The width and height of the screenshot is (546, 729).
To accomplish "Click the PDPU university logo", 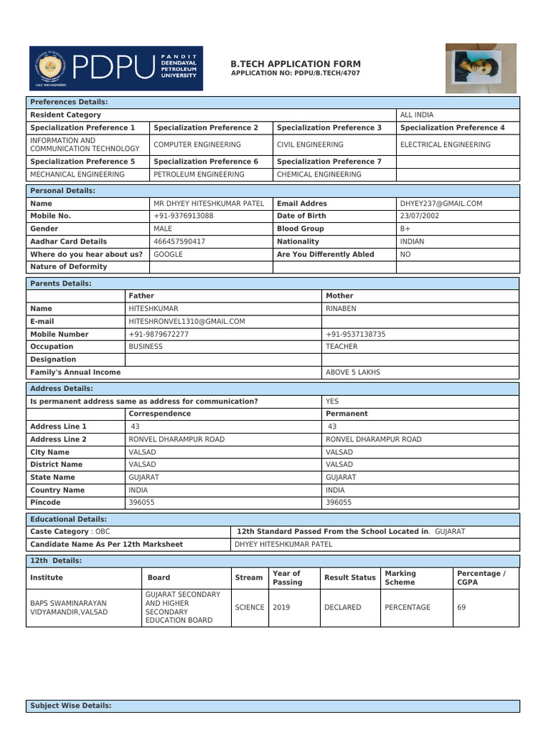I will pos(115,68).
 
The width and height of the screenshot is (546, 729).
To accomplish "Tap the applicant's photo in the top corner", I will pos(481,68).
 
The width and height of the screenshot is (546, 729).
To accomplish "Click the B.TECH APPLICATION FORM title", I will pos(296,64).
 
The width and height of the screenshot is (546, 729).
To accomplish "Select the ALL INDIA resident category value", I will pos(417,115).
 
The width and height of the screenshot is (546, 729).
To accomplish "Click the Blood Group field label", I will pos(300,229).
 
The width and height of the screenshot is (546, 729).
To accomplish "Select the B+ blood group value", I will pos(405,229).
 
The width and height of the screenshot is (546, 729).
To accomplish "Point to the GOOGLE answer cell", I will pos(168,254).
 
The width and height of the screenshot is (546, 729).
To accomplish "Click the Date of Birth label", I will pos(301,216).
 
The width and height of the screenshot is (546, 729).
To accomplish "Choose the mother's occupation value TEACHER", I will pos(341,347).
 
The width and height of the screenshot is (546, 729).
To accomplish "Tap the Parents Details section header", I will pos(60,283).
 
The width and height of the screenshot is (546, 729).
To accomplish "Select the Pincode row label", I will pos(45,503).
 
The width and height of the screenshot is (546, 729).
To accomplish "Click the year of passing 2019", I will pos(282,607).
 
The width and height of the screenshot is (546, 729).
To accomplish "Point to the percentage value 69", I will pos(461,607).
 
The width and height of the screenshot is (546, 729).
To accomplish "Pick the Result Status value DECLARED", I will pos(343,607).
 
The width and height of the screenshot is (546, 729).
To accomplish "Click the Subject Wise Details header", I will pos(70,706).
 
